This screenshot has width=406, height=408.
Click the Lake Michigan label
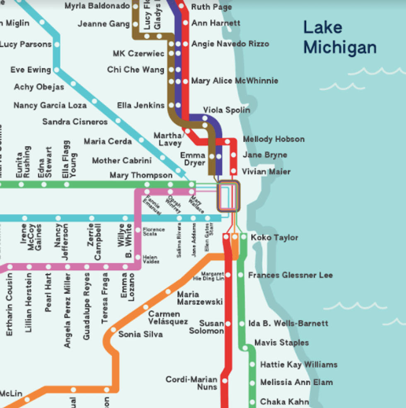[x=340, y=37]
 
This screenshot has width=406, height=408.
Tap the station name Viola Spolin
[x=227, y=110]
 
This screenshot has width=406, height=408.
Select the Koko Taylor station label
[x=274, y=238]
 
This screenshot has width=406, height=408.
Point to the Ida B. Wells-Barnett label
[x=288, y=324]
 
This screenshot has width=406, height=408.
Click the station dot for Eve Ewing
[x=57, y=70]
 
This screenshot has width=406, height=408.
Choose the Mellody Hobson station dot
[x=227, y=142]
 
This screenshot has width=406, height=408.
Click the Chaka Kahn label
[x=284, y=402]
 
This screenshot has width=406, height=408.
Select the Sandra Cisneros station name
[x=75, y=122]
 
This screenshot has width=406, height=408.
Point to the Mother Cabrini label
[x=122, y=160]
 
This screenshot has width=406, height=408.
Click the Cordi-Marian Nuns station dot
[x=224, y=380]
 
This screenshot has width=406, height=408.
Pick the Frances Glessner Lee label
[x=290, y=275]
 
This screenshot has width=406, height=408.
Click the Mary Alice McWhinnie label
[x=234, y=81]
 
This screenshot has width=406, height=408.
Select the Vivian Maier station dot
[x=234, y=171]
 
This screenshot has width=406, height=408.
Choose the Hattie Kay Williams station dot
[x=252, y=365]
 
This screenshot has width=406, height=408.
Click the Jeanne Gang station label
[x=104, y=24]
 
